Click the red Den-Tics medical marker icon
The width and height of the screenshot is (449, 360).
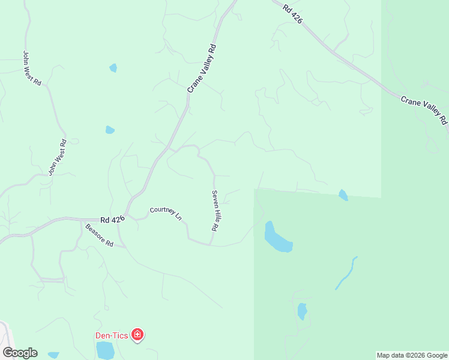pyautogui.click(x=137, y=335)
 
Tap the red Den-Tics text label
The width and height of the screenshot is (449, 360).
pyautogui.click(x=112, y=336)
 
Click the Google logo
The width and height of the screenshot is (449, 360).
pyautogui.click(x=20, y=353)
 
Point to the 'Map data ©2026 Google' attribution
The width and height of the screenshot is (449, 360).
pyautogui.click(x=412, y=355)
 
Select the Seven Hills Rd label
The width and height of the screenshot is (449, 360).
pyautogui.click(x=214, y=211)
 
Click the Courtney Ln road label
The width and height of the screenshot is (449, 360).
pyautogui.click(x=166, y=213)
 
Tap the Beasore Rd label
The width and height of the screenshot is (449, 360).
pyautogui.click(x=99, y=235)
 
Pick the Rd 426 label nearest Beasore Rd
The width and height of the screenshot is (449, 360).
pyautogui.click(x=112, y=220)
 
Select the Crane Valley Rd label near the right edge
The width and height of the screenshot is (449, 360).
pyautogui.click(x=424, y=110)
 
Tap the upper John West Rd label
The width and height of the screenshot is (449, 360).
pyautogui.click(x=32, y=68)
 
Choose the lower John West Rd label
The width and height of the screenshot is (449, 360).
pyautogui.click(x=57, y=157)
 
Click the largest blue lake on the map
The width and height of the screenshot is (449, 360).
pyautogui.click(x=277, y=238)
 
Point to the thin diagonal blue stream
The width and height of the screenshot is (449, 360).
pyautogui.click(x=346, y=274)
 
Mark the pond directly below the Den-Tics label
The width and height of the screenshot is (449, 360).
pyautogui.click(x=105, y=350)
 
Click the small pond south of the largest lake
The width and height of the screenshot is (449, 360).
pyautogui.click(x=302, y=311)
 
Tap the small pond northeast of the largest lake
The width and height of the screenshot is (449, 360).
pyautogui.click(x=343, y=194)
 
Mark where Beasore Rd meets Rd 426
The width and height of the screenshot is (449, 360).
pyautogui.click(x=82, y=221)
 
